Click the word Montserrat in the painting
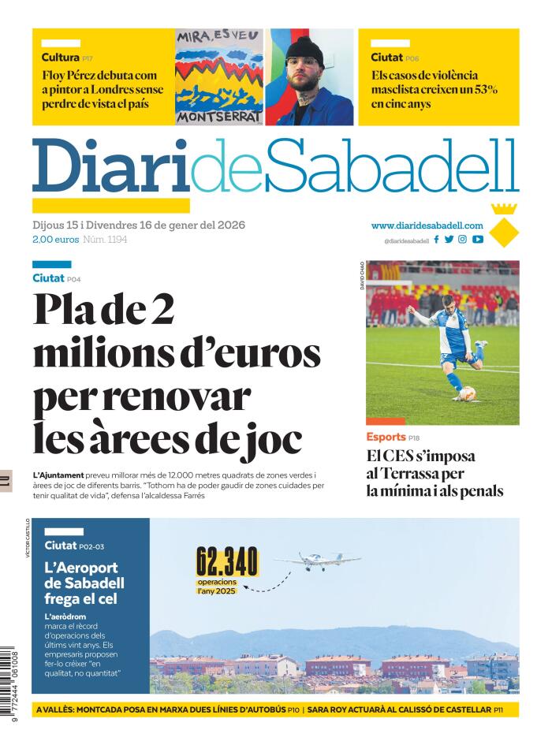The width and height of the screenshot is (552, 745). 218,117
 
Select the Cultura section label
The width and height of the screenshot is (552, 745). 60,57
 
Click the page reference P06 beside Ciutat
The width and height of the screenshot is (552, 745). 412,58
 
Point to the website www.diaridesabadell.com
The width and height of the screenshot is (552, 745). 427,225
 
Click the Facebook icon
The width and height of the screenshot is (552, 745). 437,240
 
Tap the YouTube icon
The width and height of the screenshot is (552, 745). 477,240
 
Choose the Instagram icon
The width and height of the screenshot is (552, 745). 463,240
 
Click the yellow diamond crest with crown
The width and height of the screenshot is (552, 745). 503,226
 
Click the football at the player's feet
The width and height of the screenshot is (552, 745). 467,393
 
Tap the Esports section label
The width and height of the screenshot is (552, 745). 386,437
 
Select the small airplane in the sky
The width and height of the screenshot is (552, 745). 318,561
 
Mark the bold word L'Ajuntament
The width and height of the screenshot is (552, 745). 58,475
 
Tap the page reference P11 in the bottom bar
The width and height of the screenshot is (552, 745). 498,710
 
